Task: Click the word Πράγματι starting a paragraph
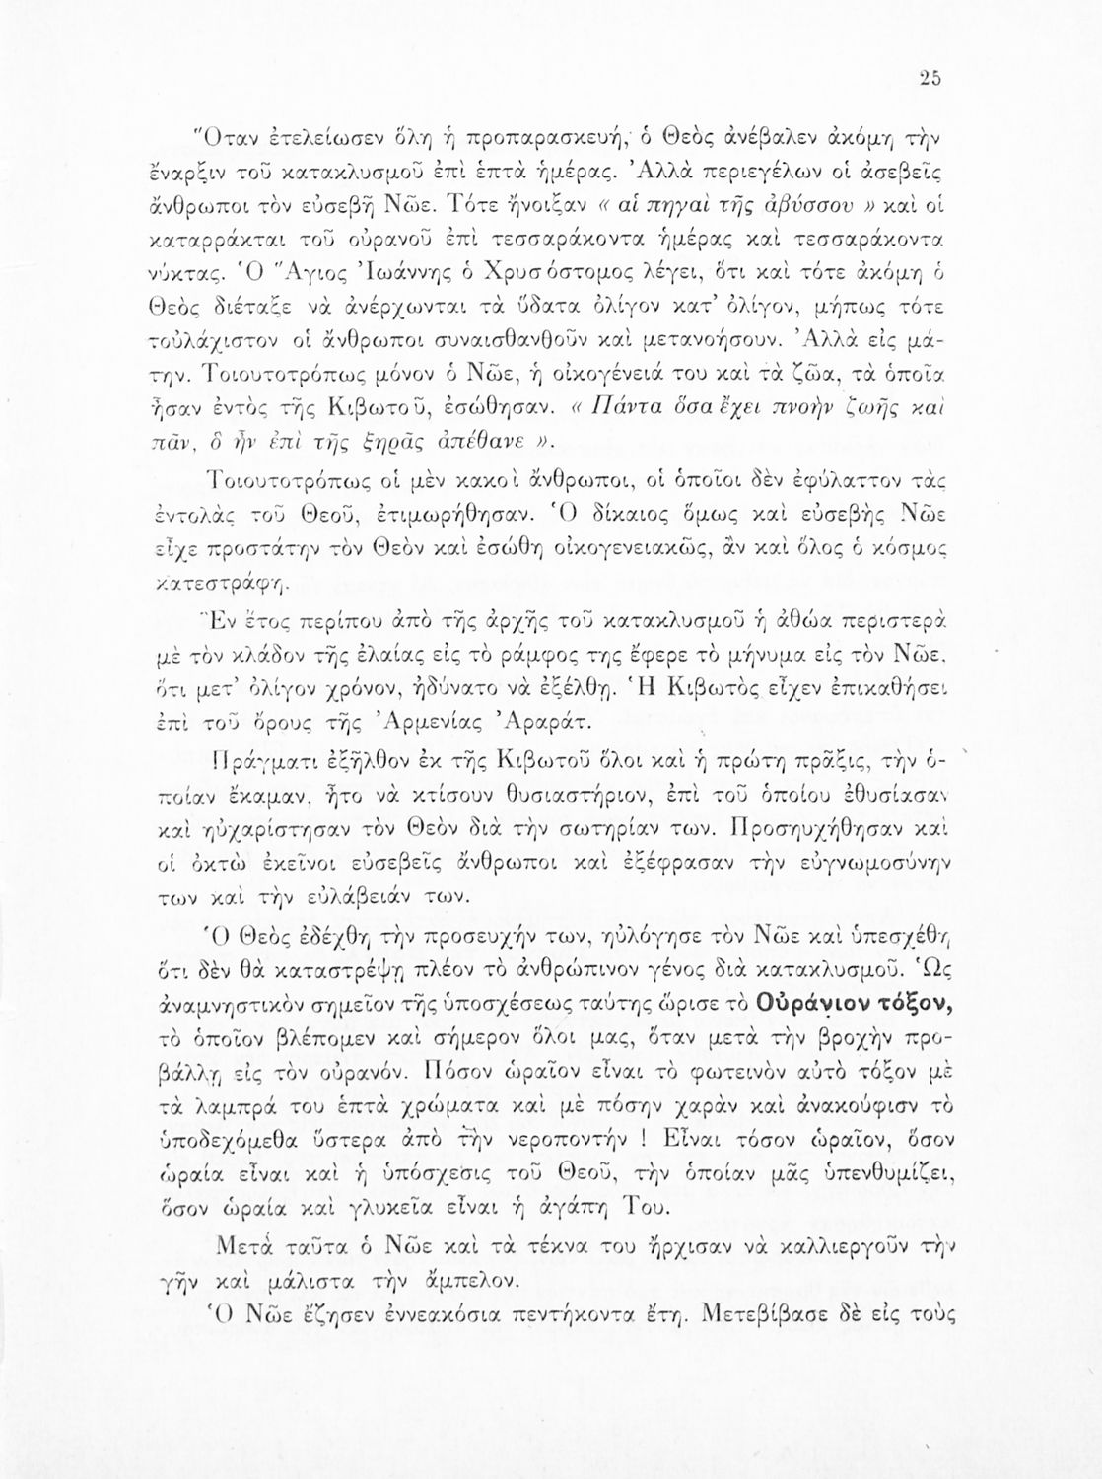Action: (258, 762)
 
